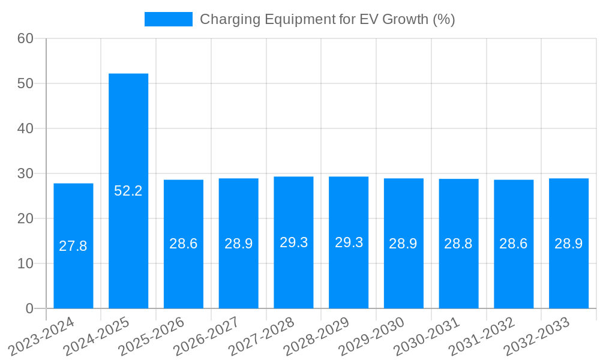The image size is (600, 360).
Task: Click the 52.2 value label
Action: tap(128, 191)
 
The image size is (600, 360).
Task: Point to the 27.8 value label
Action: tap(73, 246)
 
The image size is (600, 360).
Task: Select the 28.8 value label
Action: tap(458, 244)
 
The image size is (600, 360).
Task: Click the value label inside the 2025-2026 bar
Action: tap(184, 244)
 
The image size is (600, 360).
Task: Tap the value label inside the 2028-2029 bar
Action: tap(349, 242)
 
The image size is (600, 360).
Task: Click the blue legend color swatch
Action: tap(169, 19)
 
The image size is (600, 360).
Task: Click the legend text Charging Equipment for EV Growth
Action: tap(327, 19)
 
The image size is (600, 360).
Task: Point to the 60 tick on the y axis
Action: tap(25, 38)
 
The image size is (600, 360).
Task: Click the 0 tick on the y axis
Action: tap(29, 308)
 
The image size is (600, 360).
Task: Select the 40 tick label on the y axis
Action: tap(25, 128)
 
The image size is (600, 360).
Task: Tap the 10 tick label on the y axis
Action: tap(25, 263)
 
